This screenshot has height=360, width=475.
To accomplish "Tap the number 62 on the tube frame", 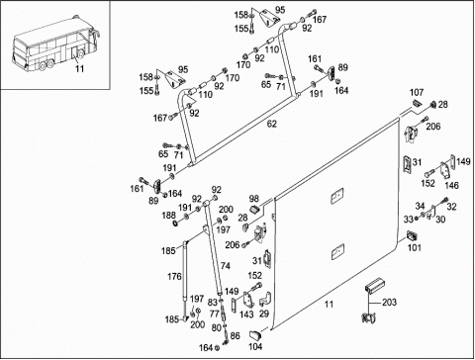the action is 272,124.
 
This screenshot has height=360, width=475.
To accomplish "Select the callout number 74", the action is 226,266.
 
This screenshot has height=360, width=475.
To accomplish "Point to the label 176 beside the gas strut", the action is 174,276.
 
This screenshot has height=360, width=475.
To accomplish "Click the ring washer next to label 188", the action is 175,225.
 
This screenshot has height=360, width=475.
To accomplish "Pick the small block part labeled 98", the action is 255,209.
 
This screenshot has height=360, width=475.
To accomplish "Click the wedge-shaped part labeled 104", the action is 255,335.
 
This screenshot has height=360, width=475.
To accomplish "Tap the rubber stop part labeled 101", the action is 412,236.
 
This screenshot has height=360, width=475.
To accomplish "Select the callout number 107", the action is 417,93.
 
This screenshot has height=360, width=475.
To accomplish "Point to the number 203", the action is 389,303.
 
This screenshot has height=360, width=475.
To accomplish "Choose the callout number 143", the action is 246,315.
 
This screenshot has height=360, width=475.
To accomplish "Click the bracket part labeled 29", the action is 265,299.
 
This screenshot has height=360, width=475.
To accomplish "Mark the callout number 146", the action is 451,185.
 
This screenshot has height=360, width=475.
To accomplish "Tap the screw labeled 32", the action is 445,200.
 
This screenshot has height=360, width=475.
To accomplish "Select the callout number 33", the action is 409,219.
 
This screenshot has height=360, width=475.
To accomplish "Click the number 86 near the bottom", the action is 235,336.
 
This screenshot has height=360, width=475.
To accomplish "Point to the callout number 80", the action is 217,327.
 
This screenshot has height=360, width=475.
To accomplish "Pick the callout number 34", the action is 420,207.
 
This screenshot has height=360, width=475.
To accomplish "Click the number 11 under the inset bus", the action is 79,68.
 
